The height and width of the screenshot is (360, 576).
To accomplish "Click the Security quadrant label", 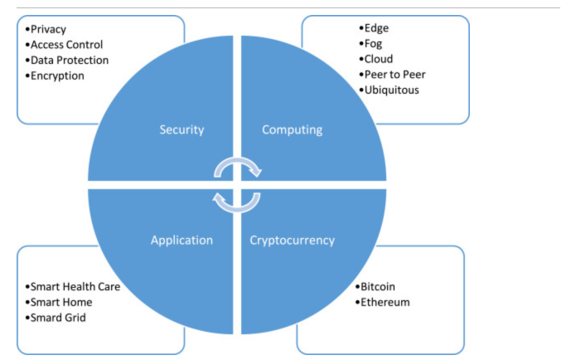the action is (x=182, y=129).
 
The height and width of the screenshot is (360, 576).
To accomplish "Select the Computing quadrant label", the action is (x=292, y=129).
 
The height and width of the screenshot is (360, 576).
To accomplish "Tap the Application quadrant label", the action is (x=182, y=241).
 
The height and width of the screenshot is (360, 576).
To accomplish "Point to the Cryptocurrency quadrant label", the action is (x=292, y=241).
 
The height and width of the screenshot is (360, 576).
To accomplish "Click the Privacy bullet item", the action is (x=46, y=29).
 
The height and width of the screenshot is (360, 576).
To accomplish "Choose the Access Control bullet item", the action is (x=64, y=45).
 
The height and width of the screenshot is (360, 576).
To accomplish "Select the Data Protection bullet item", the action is (x=67, y=61).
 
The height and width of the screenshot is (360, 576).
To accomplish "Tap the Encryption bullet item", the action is (x=55, y=75).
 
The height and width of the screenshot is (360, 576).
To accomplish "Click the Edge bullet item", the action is (x=374, y=28).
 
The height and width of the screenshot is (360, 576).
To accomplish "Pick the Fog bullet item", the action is (x=370, y=44).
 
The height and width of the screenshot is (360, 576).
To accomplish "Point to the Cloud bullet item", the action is (x=375, y=59).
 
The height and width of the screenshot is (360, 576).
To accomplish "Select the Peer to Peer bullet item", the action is (x=392, y=75).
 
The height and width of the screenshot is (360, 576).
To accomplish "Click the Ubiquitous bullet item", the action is (x=389, y=90).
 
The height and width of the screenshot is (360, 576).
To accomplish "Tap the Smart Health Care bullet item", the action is (x=73, y=287).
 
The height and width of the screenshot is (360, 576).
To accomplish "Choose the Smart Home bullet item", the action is (x=59, y=302).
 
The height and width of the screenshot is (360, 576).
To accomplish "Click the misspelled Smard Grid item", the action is (x=56, y=318).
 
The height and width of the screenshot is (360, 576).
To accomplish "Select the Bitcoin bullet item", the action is (x=375, y=287).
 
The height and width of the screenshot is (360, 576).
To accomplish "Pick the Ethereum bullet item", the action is (x=382, y=302).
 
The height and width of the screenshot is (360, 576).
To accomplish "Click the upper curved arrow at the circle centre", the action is (x=237, y=160).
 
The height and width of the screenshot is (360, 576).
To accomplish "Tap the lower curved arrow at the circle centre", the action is (x=237, y=210).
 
